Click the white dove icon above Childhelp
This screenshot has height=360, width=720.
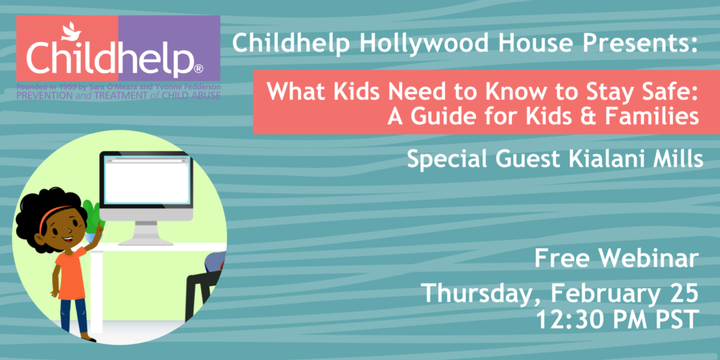coord(71,31)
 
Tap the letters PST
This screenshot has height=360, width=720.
coord(675,320)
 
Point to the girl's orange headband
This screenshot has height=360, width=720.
coord(53,215)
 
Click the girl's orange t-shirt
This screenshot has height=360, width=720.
coord(70,272)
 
